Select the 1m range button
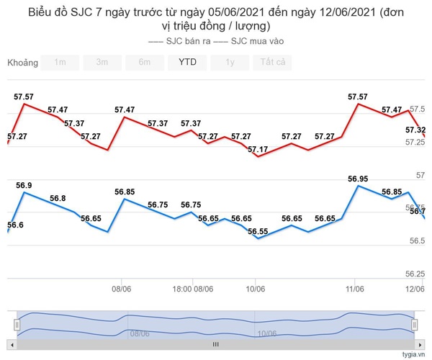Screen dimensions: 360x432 [x=60, y=62]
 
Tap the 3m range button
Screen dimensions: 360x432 [x=102, y=62]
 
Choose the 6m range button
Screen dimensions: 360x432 [x=145, y=62]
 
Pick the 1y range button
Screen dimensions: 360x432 [x=230, y=62]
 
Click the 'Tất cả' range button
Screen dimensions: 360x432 [x=273, y=62]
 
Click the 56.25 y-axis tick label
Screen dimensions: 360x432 [x=415, y=274]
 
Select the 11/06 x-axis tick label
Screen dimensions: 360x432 [x=354, y=289]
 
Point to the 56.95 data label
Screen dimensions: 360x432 [x=358, y=179]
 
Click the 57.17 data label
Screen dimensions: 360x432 [x=257, y=150]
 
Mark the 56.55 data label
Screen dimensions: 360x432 [x=257, y=231]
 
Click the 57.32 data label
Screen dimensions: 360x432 [x=415, y=130]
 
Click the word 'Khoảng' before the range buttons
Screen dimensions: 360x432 [x=22, y=62]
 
